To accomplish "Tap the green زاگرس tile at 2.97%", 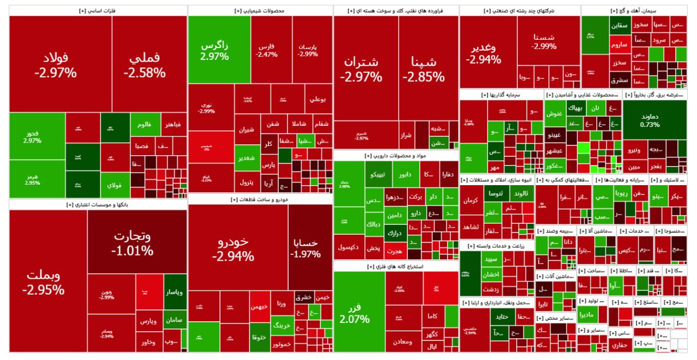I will [x=214, y=50].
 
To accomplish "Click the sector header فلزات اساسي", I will [x=98, y=10].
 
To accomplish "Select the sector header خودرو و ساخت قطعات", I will [x=260, y=199].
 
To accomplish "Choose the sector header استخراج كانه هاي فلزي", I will [x=396, y=267].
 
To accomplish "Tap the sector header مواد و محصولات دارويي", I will [x=396, y=156].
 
